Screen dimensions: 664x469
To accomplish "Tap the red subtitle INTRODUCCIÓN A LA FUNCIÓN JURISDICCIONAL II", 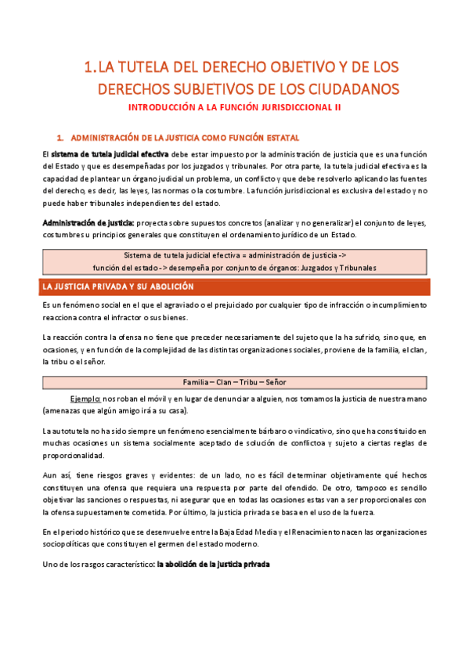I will (234, 106).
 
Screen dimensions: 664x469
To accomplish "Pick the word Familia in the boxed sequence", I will (200, 382).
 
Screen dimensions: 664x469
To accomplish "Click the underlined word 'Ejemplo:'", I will (85, 398).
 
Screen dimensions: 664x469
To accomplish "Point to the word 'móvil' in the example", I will (155, 398).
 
